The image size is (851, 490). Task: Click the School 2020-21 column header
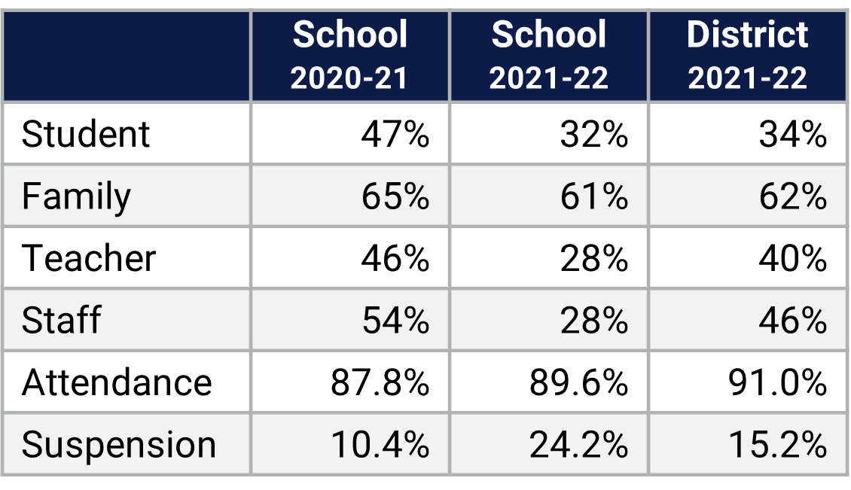click(349, 56)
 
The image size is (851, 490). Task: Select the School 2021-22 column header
click(548, 56)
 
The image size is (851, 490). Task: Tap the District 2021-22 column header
click(747, 56)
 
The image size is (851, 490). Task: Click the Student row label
click(86, 135)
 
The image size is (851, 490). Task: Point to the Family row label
click(76, 197)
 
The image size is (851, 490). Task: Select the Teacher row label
click(89, 259)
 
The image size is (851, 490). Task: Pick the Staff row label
click(61, 321)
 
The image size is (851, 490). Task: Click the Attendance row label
click(117, 382)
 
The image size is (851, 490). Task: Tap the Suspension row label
click(119, 445)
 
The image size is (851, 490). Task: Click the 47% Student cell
click(395, 135)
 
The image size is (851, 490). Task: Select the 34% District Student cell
click(792, 135)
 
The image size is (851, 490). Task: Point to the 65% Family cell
click(395, 197)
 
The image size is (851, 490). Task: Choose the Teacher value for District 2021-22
click(792, 259)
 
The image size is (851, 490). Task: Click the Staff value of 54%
click(395, 321)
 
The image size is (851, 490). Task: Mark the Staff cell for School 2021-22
click(593, 321)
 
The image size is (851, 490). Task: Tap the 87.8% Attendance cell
click(380, 382)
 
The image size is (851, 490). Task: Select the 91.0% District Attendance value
click(777, 382)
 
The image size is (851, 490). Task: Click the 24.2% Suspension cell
click(578, 445)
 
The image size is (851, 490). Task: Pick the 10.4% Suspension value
click(380, 445)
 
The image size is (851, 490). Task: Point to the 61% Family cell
click(593, 197)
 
